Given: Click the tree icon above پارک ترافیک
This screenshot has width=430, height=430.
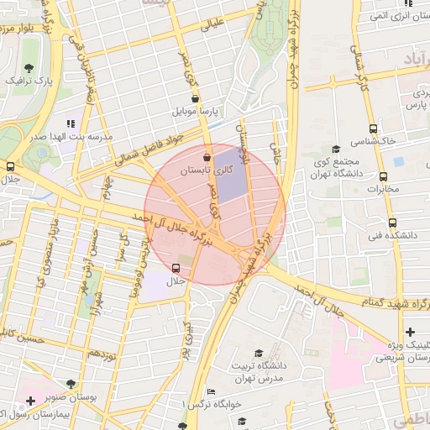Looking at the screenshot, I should pos(30,67).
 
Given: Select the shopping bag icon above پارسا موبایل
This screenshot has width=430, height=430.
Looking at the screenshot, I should pos(195,98).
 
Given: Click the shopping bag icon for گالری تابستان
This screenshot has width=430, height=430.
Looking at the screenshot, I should pos(207,157).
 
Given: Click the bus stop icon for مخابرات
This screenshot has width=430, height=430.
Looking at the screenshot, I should pos(384,177).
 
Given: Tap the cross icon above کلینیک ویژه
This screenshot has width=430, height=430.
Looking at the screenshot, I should pos(409,333).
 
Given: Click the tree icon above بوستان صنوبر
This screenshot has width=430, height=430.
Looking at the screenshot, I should pos(82,383).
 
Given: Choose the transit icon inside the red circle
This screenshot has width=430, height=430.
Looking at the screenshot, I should pos(176,268).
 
